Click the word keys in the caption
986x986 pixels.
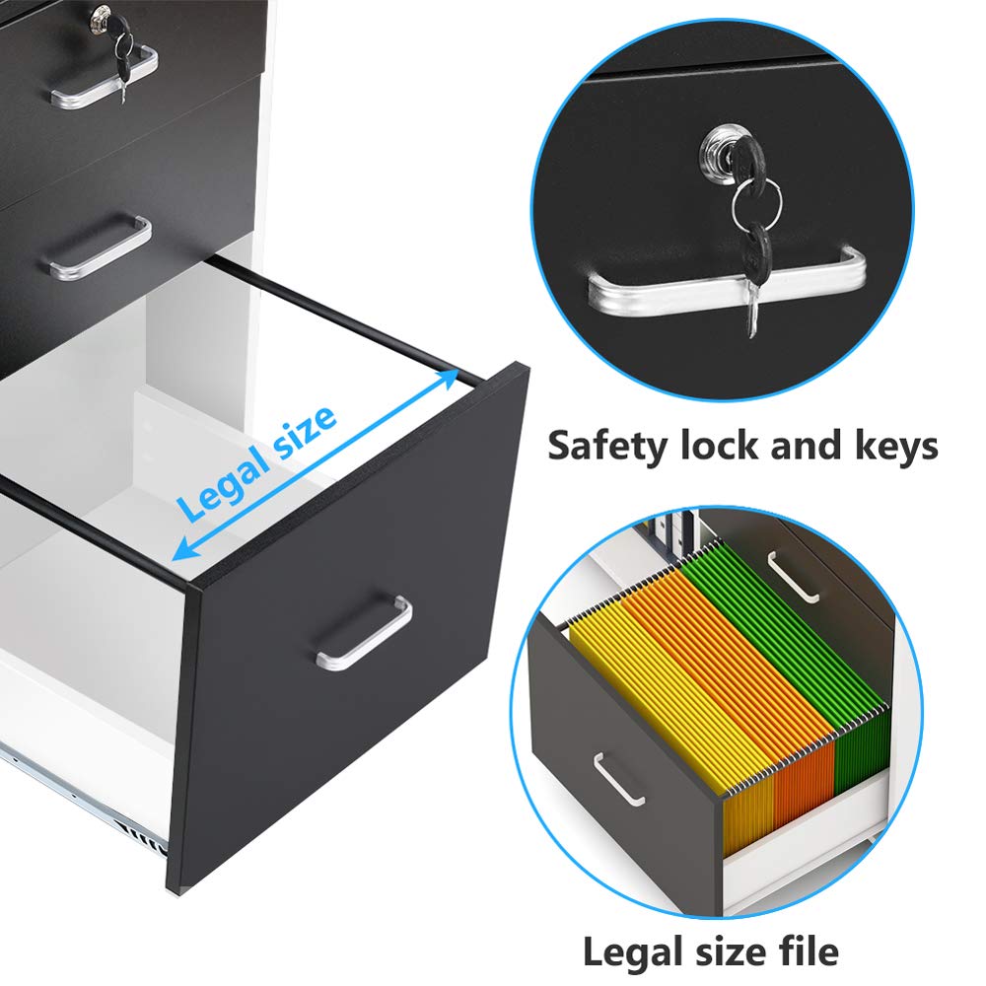(x=884, y=445)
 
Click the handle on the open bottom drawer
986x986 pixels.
(x=365, y=632)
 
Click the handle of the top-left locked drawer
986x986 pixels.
(x=105, y=76)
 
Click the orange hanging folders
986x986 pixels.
(x=749, y=680)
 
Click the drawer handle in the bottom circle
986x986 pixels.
(x=619, y=779)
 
